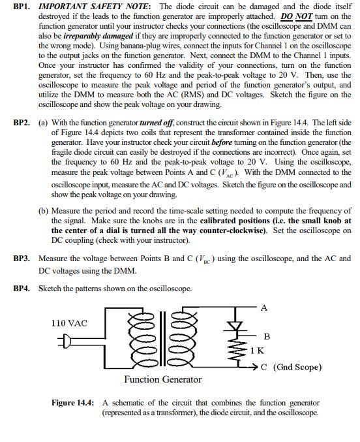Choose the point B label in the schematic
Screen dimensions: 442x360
265,336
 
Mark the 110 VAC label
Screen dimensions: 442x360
68,323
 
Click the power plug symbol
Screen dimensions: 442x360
67,339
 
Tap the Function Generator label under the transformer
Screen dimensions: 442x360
162,379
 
